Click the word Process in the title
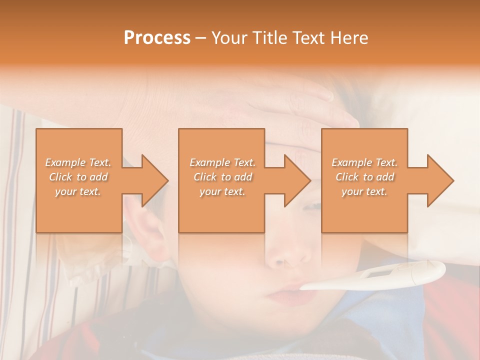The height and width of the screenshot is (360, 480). [x=157, y=38]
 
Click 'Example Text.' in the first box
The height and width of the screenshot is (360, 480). [x=78, y=162]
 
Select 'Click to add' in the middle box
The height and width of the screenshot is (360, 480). [x=222, y=177]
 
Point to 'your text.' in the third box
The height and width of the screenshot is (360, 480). [x=364, y=191]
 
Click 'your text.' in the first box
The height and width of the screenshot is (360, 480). [x=78, y=191]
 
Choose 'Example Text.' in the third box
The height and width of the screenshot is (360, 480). [x=364, y=162]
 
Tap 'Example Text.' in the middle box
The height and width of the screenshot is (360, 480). [x=222, y=162]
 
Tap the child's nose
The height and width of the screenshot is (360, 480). [x=295, y=255]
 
